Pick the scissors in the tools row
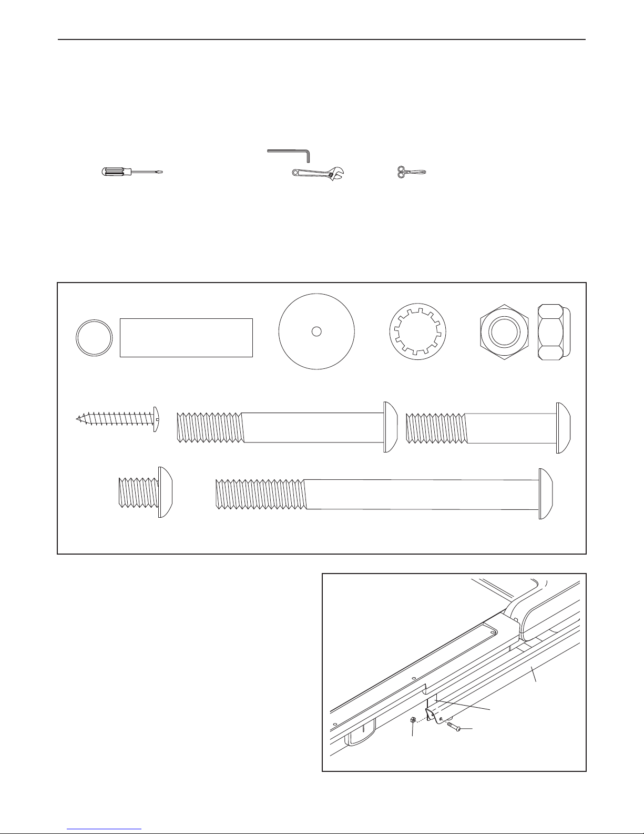point(411,172)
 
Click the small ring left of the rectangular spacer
point(95,337)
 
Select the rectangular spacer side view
point(186,337)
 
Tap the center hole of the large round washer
point(316,331)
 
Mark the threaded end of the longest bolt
point(260,494)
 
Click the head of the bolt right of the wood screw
point(390,427)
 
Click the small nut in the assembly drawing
point(413,720)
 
